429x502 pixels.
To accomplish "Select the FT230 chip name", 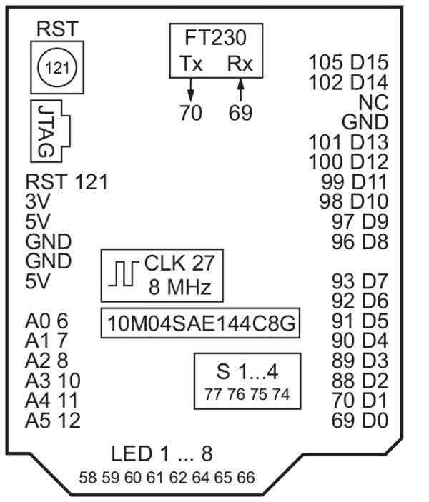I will (215, 37).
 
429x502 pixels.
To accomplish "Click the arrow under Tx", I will (191, 89).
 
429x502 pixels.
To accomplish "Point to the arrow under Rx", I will (240, 89).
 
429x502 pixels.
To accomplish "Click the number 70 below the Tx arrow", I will (191, 113).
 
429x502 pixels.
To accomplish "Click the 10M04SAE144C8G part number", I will (200, 324).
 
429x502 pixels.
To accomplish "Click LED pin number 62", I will (179, 478).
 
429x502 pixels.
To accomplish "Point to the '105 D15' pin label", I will (348, 62).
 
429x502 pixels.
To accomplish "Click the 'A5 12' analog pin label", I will (52, 421).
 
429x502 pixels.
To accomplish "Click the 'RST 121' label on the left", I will (66, 182).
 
